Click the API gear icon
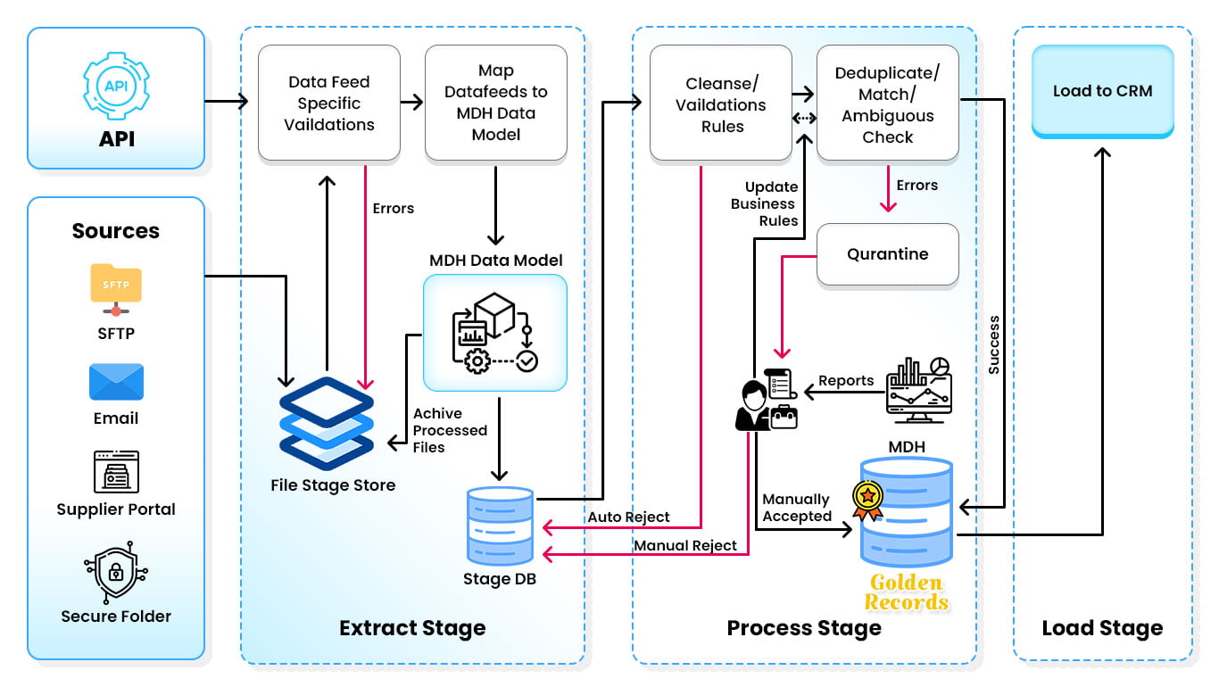(116, 87)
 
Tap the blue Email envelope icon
(116, 382)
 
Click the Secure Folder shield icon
(116, 572)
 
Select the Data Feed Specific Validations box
(328, 103)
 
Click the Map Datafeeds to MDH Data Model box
(495, 103)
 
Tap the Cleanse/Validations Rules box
(721, 104)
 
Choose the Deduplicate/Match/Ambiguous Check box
(887, 104)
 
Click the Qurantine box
(887, 254)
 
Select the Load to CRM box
(1102, 92)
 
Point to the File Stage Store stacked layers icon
(326, 423)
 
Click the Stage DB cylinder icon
(500, 526)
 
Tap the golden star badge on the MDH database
(867, 499)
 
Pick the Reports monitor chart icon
(919, 385)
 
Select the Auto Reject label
(628, 517)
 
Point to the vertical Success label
(994, 343)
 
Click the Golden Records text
(906, 593)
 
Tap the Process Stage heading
(803, 628)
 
